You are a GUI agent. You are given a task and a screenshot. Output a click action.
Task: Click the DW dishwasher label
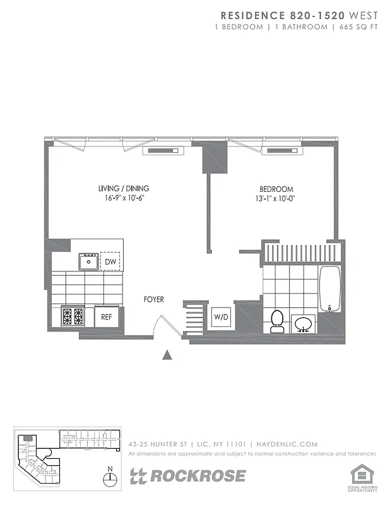(x=110, y=261)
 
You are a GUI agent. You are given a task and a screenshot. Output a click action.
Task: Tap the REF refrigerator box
(x=107, y=316)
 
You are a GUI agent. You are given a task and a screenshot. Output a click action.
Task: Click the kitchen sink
(x=88, y=261)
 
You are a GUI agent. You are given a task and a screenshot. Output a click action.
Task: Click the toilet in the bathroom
(x=276, y=321)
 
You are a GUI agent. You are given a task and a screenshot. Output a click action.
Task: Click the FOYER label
(x=153, y=299)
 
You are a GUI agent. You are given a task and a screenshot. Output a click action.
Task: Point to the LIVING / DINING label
(x=124, y=188)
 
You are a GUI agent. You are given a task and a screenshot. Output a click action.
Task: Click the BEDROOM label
(x=276, y=189)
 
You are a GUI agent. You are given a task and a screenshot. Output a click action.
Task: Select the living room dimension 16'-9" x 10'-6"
(x=124, y=199)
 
